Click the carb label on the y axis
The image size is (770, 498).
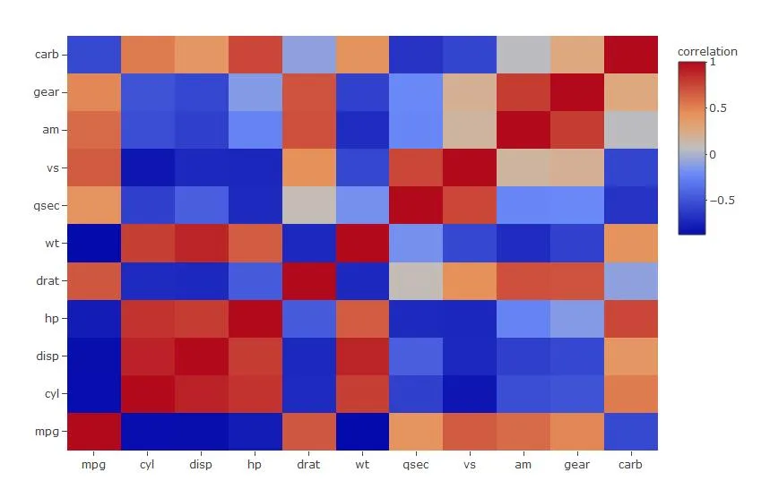(x=47, y=55)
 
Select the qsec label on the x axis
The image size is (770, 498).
(x=416, y=465)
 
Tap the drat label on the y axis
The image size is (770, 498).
(x=47, y=280)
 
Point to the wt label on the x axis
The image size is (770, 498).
(x=362, y=465)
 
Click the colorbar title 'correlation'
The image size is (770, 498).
(x=707, y=52)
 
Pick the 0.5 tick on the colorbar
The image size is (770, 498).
(x=718, y=108)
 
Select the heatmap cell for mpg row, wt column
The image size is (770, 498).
(x=362, y=431)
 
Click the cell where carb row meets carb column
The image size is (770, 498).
(x=631, y=55)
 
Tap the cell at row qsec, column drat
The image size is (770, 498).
(x=308, y=205)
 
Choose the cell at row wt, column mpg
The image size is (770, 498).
(x=93, y=243)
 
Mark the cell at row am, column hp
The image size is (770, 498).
(x=255, y=130)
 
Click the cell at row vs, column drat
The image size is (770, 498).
(x=308, y=167)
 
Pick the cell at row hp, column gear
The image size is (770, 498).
(x=577, y=318)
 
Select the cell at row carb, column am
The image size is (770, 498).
(x=523, y=55)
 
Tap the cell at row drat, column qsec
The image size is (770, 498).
(x=416, y=280)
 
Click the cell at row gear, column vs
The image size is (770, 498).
(x=470, y=92)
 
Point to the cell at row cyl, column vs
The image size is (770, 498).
(x=470, y=393)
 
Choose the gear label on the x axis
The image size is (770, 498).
(x=577, y=465)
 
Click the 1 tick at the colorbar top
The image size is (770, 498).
(x=713, y=63)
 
